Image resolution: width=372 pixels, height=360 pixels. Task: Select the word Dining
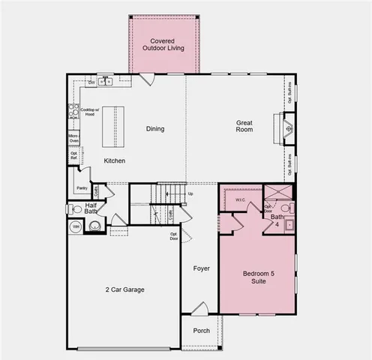(154, 129)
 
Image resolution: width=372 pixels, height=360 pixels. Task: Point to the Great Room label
(244, 126)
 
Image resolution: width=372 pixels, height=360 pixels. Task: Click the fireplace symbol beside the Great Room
(287, 127)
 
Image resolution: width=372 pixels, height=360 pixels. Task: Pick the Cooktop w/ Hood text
(88, 112)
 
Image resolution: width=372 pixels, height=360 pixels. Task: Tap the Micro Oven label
(74, 138)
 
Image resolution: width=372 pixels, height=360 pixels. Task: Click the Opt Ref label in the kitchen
(73, 156)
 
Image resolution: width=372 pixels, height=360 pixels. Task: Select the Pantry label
(82, 187)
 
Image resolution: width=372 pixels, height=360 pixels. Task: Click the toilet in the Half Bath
(75, 209)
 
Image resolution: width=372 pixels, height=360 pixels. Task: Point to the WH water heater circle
(76, 226)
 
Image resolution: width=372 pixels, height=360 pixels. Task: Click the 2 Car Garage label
(124, 289)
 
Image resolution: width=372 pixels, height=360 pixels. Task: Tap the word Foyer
(201, 268)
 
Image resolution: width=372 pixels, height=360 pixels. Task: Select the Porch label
(201, 331)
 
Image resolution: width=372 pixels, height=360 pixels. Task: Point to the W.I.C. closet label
(240, 200)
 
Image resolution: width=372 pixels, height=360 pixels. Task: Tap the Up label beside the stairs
(190, 193)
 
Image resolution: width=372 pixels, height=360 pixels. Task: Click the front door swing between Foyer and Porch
(199, 308)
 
